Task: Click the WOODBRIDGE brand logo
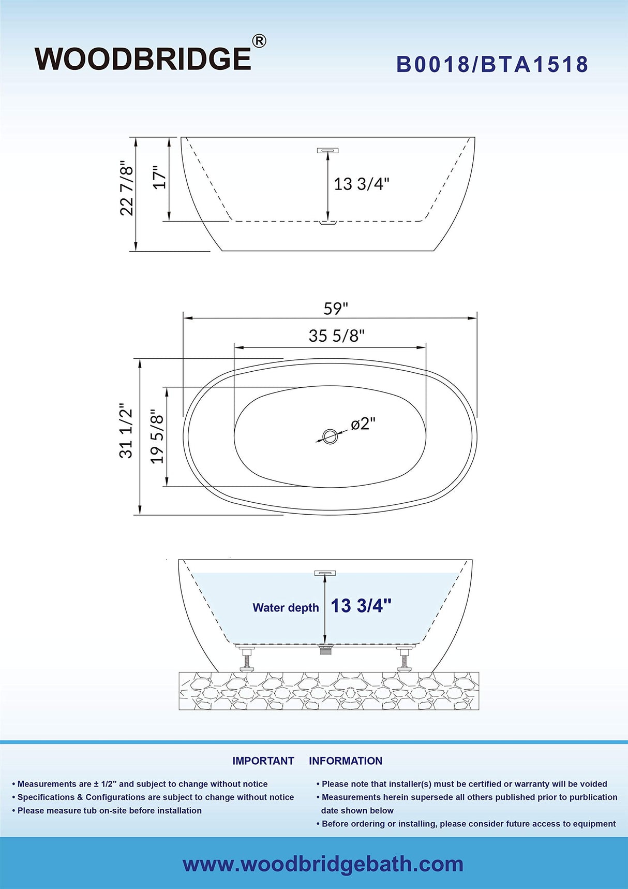pyautogui.click(x=143, y=59)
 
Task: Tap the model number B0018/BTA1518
pyautogui.click(x=492, y=65)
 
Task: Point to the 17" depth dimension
pyautogui.click(x=160, y=177)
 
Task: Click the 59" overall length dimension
pyautogui.click(x=336, y=309)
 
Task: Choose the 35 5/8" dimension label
pyautogui.click(x=337, y=336)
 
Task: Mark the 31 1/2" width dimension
pyautogui.click(x=126, y=431)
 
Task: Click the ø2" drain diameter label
pyautogui.click(x=363, y=424)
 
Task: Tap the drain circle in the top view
pyautogui.click(x=330, y=436)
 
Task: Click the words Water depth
pyautogui.click(x=286, y=608)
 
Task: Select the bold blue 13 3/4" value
pyautogui.click(x=361, y=606)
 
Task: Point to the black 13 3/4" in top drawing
pyautogui.click(x=361, y=184)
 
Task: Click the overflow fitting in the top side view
pyautogui.click(x=327, y=151)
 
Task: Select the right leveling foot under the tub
pyautogui.click(x=404, y=659)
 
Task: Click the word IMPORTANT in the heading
pyautogui.click(x=263, y=761)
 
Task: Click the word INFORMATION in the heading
pyautogui.click(x=346, y=761)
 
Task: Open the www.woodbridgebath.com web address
pyautogui.click(x=323, y=864)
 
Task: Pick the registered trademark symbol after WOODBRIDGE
pyautogui.click(x=259, y=41)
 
